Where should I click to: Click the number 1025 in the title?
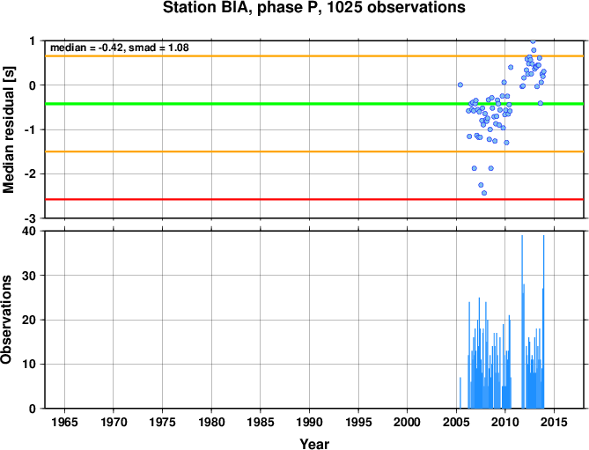click(344, 8)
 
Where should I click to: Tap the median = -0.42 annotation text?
click(87, 48)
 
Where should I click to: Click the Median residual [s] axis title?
click(8, 129)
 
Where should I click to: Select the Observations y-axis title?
click(6, 320)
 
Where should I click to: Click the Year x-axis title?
click(314, 444)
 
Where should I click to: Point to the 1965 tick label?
click(64, 422)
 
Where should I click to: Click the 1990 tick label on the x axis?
click(309, 422)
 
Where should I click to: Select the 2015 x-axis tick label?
click(554, 422)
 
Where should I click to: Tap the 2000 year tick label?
click(407, 422)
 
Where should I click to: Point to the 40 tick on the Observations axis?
click(33, 231)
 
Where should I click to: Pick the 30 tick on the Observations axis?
click(33, 276)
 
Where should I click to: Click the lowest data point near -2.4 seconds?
click(484, 193)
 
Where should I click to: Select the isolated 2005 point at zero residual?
click(460, 85)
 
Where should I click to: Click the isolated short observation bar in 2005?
click(460, 393)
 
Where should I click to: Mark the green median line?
click(314, 104)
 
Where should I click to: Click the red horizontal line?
click(314, 199)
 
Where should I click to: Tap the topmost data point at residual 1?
click(533, 41)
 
